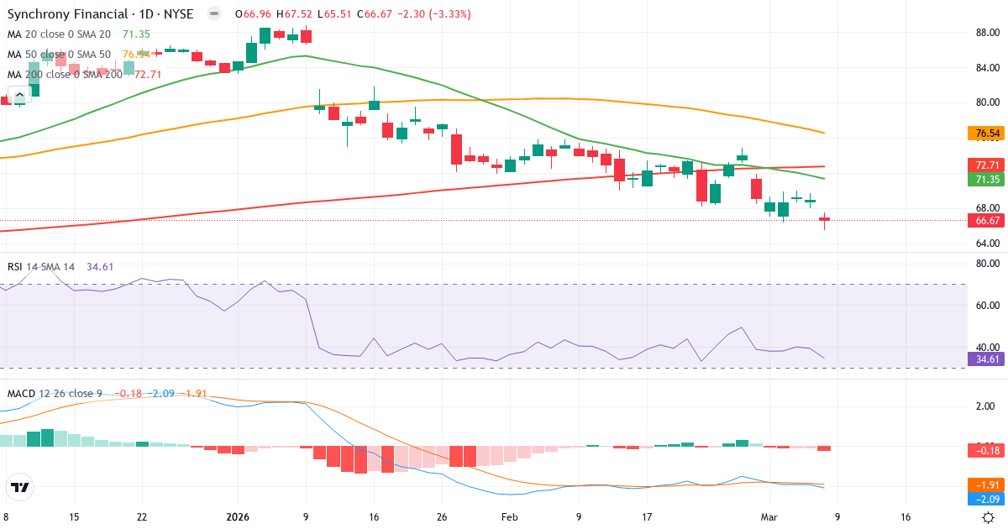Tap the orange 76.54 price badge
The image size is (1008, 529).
(x=987, y=134)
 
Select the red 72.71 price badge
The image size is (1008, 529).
(x=987, y=165)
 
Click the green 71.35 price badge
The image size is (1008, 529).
(x=987, y=180)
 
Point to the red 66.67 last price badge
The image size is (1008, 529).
(x=987, y=221)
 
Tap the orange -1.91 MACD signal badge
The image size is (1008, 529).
(x=987, y=485)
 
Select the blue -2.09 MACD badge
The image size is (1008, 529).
(x=987, y=500)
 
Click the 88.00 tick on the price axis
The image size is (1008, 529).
(x=987, y=33)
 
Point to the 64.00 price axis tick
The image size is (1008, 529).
(x=987, y=244)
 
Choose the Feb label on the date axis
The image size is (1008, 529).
(x=510, y=517)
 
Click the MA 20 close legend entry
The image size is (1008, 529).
(x=59, y=34)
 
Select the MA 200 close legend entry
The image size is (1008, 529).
(x=64, y=75)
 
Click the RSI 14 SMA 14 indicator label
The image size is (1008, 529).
(x=41, y=267)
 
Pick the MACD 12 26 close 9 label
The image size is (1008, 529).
(x=55, y=394)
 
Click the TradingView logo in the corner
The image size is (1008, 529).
(x=20, y=487)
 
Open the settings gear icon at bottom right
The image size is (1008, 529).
(x=989, y=517)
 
